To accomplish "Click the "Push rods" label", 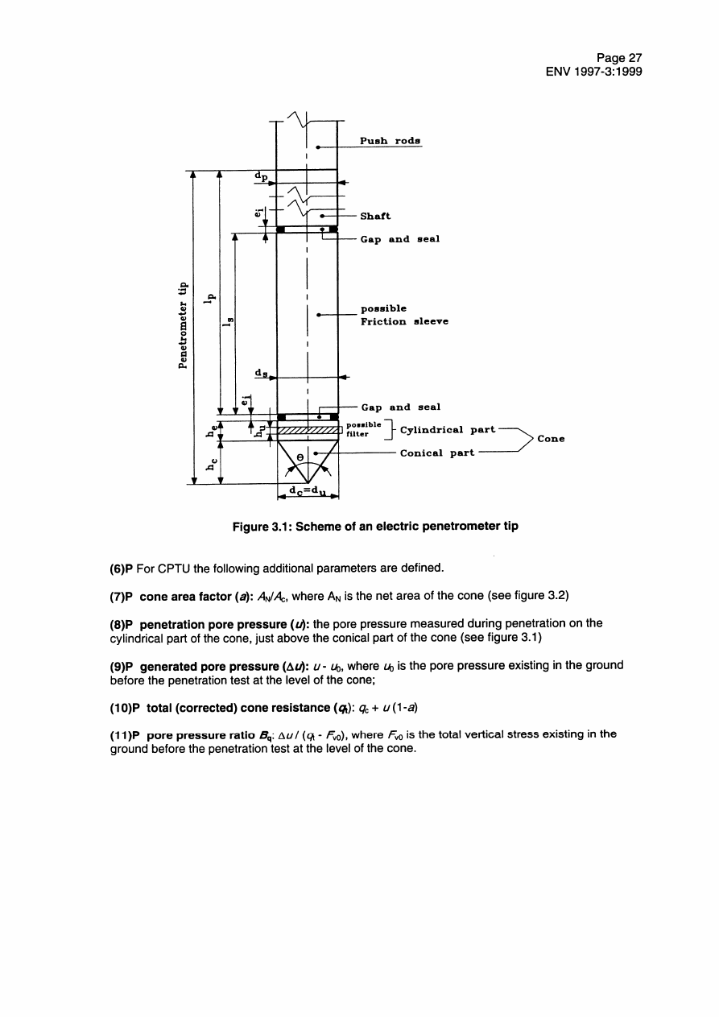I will (x=390, y=140).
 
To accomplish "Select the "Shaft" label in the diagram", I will (x=375, y=216).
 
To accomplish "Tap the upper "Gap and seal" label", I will (x=399, y=239).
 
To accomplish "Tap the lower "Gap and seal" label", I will (x=400, y=407).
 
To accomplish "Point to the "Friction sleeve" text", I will (x=404, y=321).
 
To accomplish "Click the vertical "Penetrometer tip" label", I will (x=183, y=325).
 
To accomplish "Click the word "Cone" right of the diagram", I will (x=551, y=439).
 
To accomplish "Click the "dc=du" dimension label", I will (x=308, y=490).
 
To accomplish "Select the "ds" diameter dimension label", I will (x=262, y=372).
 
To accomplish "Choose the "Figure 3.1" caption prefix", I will (x=260, y=527).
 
